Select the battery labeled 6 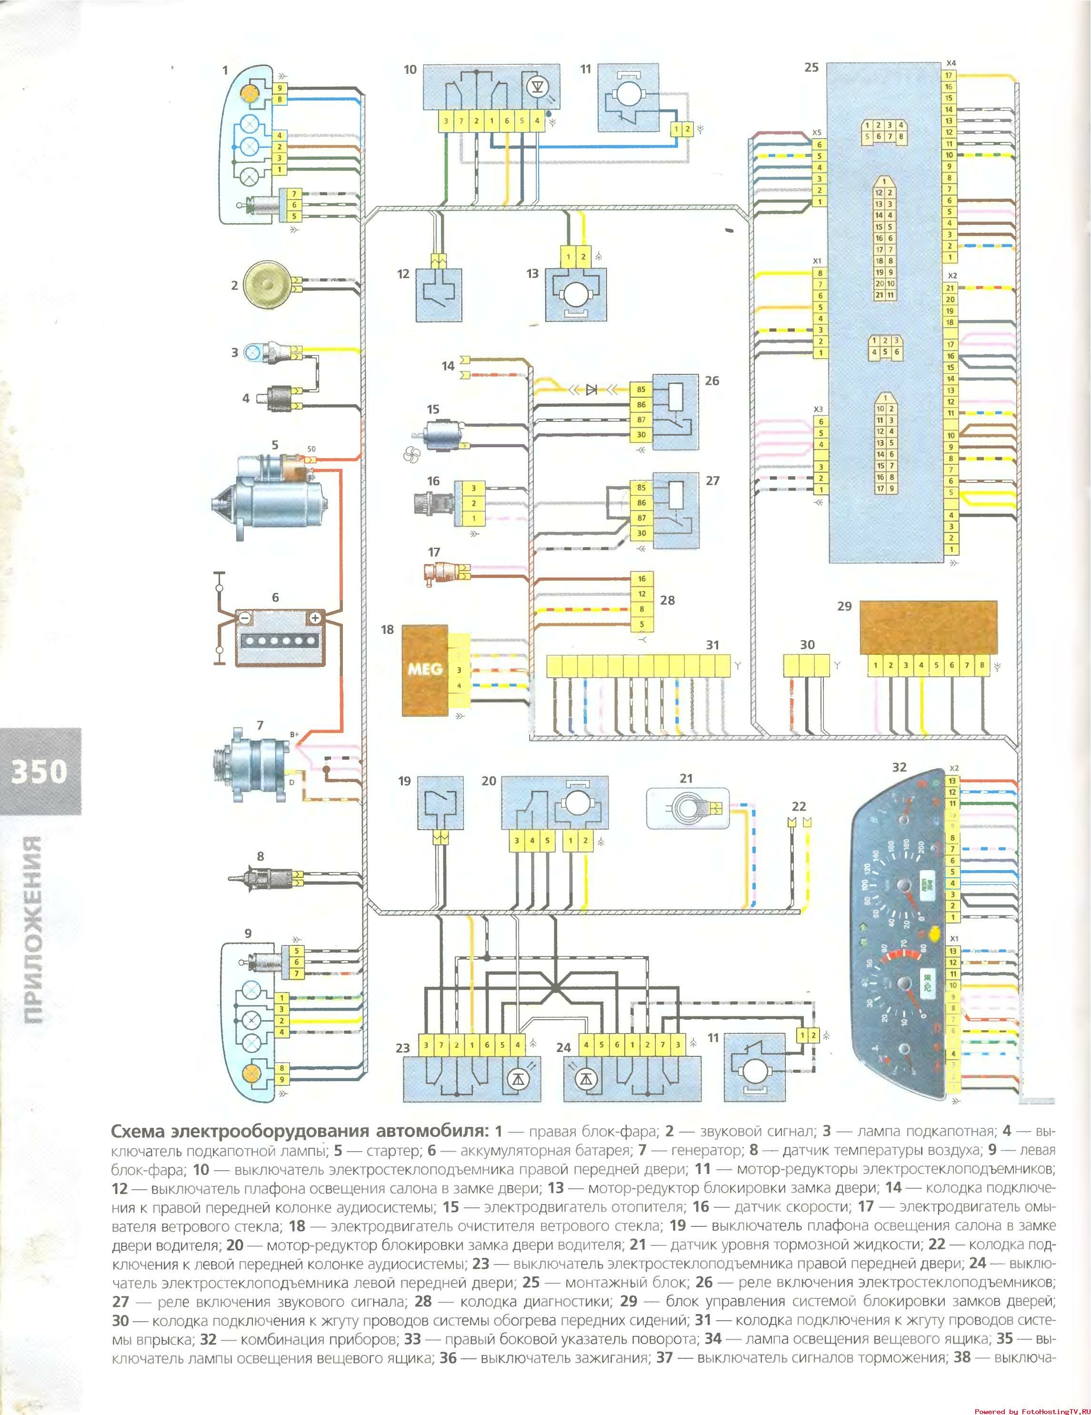[x=278, y=638]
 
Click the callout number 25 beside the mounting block [x=811, y=67]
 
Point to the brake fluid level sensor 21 [x=687, y=807]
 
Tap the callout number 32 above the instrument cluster [x=899, y=767]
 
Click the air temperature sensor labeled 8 [x=262, y=879]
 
